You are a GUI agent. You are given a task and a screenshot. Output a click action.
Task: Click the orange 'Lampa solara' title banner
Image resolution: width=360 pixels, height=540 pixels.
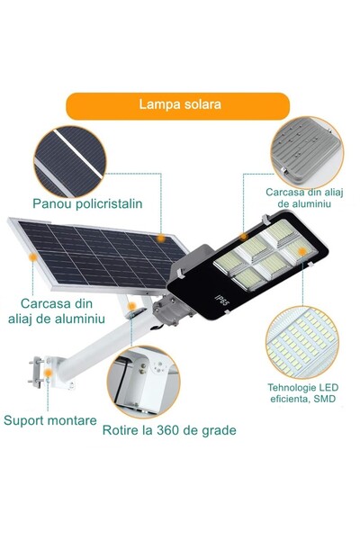click(x=180, y=104)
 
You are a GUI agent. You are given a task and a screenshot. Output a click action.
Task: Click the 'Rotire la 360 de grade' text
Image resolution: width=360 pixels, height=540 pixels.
click(x=169, y=429)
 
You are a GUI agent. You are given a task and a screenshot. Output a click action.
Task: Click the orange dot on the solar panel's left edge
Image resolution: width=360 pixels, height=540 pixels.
click(x=33, y=256)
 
